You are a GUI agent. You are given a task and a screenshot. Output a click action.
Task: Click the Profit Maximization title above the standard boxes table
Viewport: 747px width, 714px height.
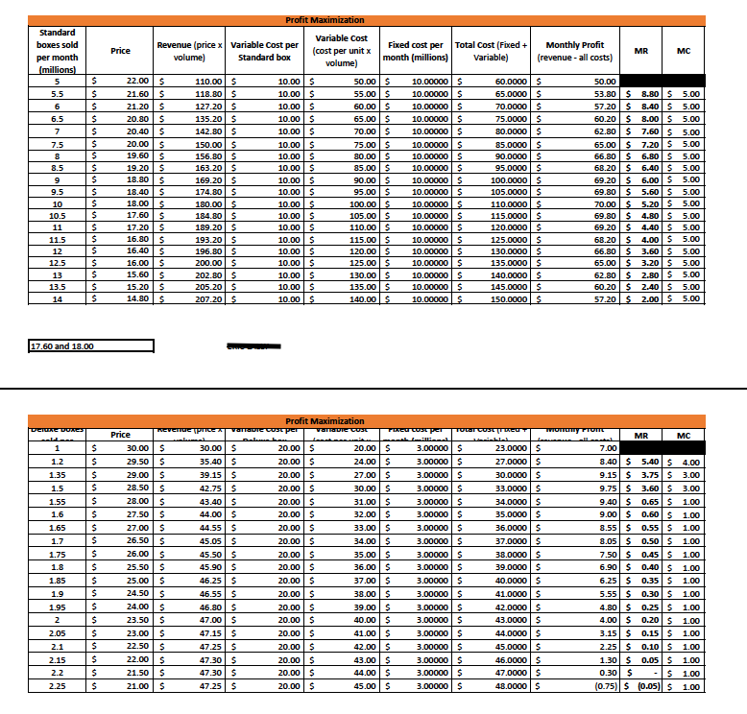point(325,20)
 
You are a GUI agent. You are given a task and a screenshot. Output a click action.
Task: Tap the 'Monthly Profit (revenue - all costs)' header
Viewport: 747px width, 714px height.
point(574,51)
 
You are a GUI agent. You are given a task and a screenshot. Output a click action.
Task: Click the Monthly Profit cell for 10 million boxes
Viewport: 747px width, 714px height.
point(574,205)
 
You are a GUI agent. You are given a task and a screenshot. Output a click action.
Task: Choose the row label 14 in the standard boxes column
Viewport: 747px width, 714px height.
point(57,299)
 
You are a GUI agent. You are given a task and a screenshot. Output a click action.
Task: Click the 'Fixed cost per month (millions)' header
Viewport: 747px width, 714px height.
point(415,51)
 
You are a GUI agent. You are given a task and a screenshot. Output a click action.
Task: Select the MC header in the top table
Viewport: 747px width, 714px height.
point(684,51)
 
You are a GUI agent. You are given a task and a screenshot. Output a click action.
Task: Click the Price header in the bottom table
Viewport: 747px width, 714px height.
point(121,435)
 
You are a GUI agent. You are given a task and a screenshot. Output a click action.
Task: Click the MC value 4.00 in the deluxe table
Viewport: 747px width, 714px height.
point(687,463)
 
